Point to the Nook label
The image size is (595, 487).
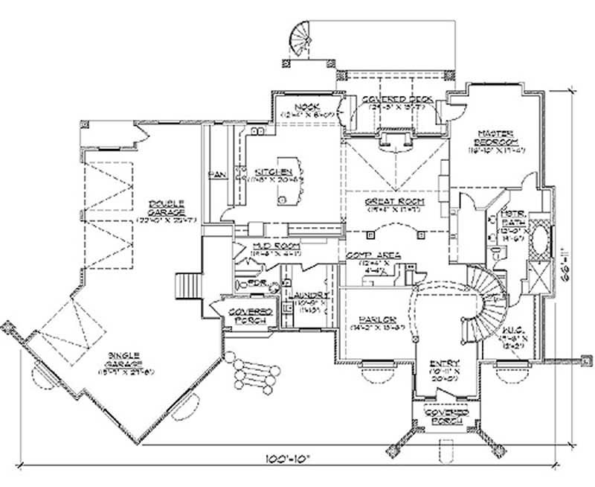click(303, 107)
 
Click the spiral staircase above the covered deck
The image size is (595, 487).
click(301, 41)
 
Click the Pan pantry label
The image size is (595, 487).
click(216, 174)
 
